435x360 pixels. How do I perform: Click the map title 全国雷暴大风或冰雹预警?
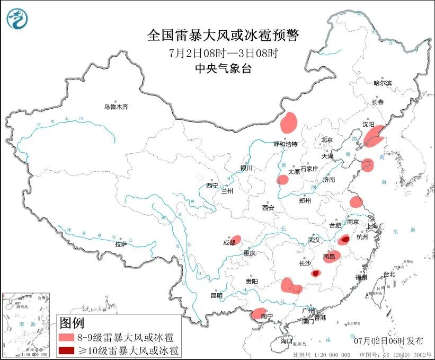pos(223,36)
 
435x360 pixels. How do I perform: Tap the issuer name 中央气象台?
pos(223,68)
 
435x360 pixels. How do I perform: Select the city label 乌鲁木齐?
pos(116,107)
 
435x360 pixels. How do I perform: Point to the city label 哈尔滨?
pos(382,83)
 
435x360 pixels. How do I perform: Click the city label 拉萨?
pos(121,244)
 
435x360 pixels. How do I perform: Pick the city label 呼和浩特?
pos(286,144)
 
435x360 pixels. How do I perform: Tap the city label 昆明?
pos(217,295)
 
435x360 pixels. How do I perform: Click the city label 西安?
pos(268,208)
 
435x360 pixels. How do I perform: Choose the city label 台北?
pos(389,274)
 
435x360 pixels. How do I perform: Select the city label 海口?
pos(287,340)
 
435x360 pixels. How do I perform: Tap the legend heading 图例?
pos(72,322)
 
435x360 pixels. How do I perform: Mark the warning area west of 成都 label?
pos(236,240)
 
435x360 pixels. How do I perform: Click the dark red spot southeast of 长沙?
pos(316,273)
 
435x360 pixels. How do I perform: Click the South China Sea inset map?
pos(26,323)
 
